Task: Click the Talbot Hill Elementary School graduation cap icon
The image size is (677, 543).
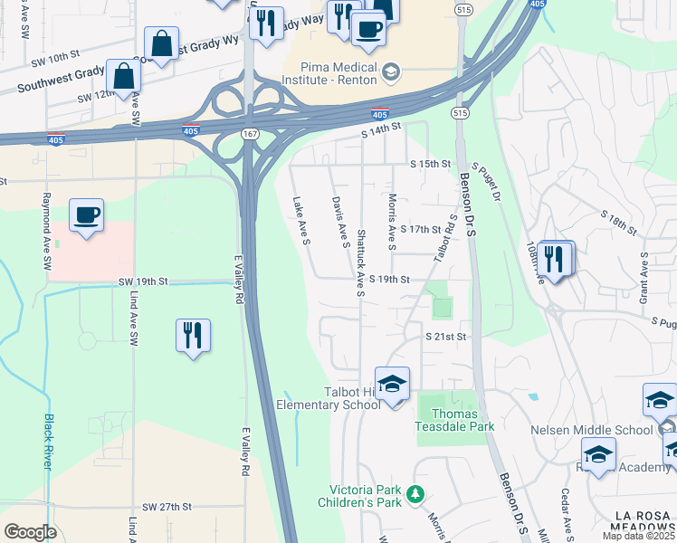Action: pos(392,384)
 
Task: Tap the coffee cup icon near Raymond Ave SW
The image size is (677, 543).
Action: pos(86,215)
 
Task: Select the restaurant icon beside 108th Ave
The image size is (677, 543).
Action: pos(555,258)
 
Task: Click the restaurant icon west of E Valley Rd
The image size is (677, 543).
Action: pos(193,336)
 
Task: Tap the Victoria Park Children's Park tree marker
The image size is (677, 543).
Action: pos(415,494)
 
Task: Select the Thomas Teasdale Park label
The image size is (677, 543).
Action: pos(455,420)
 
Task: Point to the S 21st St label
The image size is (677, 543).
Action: pos(446,337)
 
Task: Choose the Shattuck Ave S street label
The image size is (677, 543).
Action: pos(360,262)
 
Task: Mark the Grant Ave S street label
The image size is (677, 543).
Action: pos(644,277)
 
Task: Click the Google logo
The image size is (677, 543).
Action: pos(31,532)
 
